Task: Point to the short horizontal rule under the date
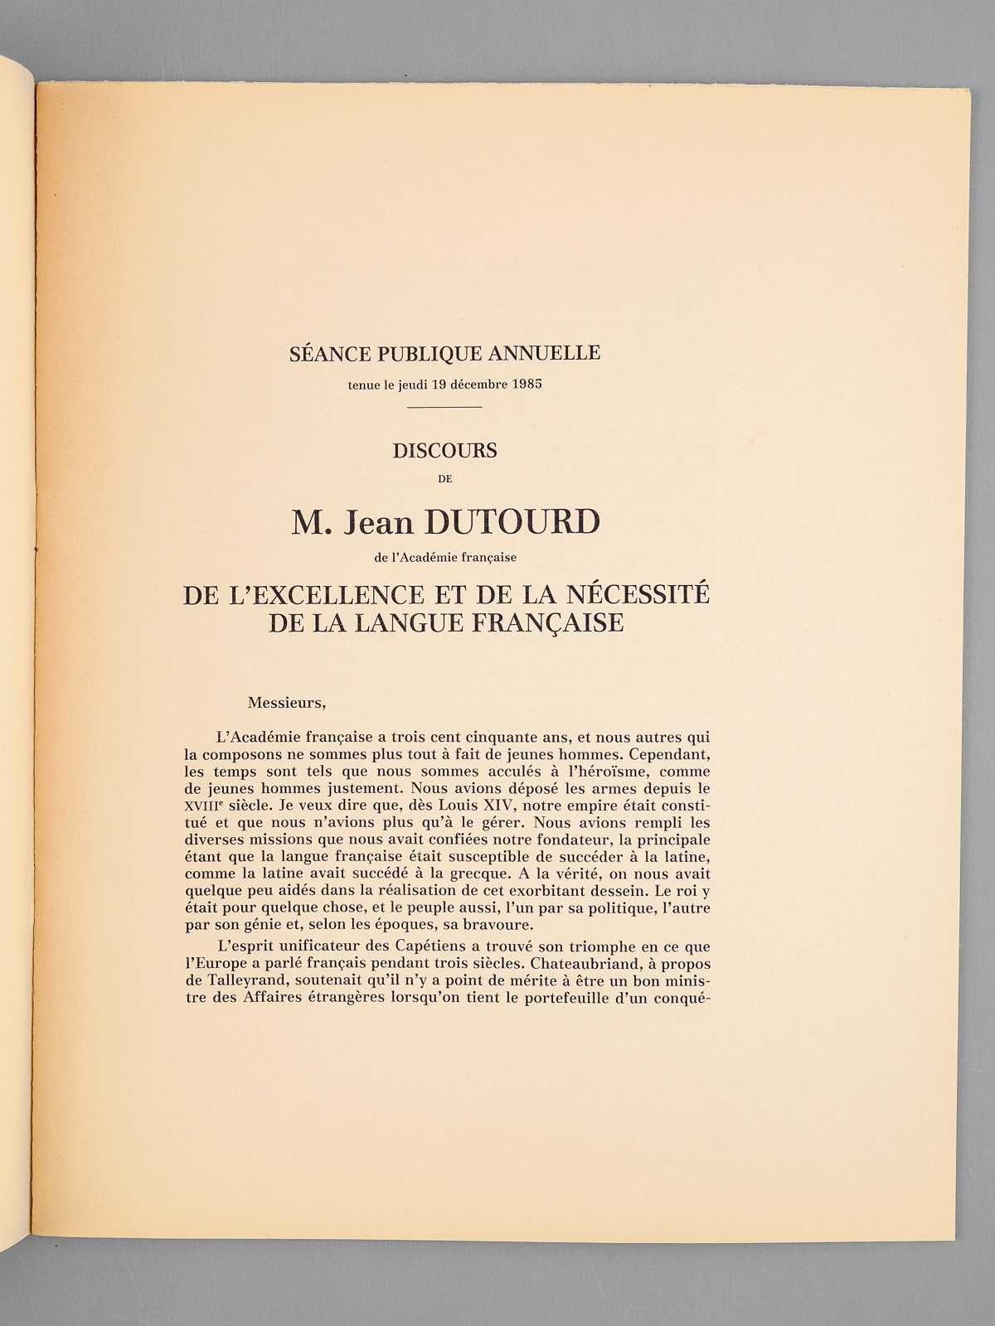pyautogui.click(x=445, y=407)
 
